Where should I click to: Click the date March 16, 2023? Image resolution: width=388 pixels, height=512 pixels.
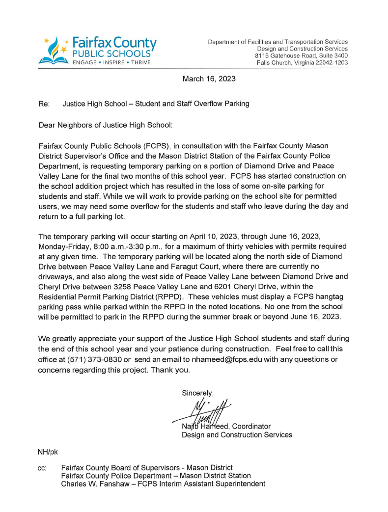[209, 79]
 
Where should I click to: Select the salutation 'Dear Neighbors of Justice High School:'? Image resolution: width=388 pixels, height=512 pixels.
[105, 125]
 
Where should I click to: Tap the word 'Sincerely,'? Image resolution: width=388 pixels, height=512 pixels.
[198, 393]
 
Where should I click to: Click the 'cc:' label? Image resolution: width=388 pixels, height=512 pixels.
[42, 468]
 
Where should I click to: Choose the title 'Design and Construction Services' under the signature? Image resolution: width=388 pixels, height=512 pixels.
[237, 434]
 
